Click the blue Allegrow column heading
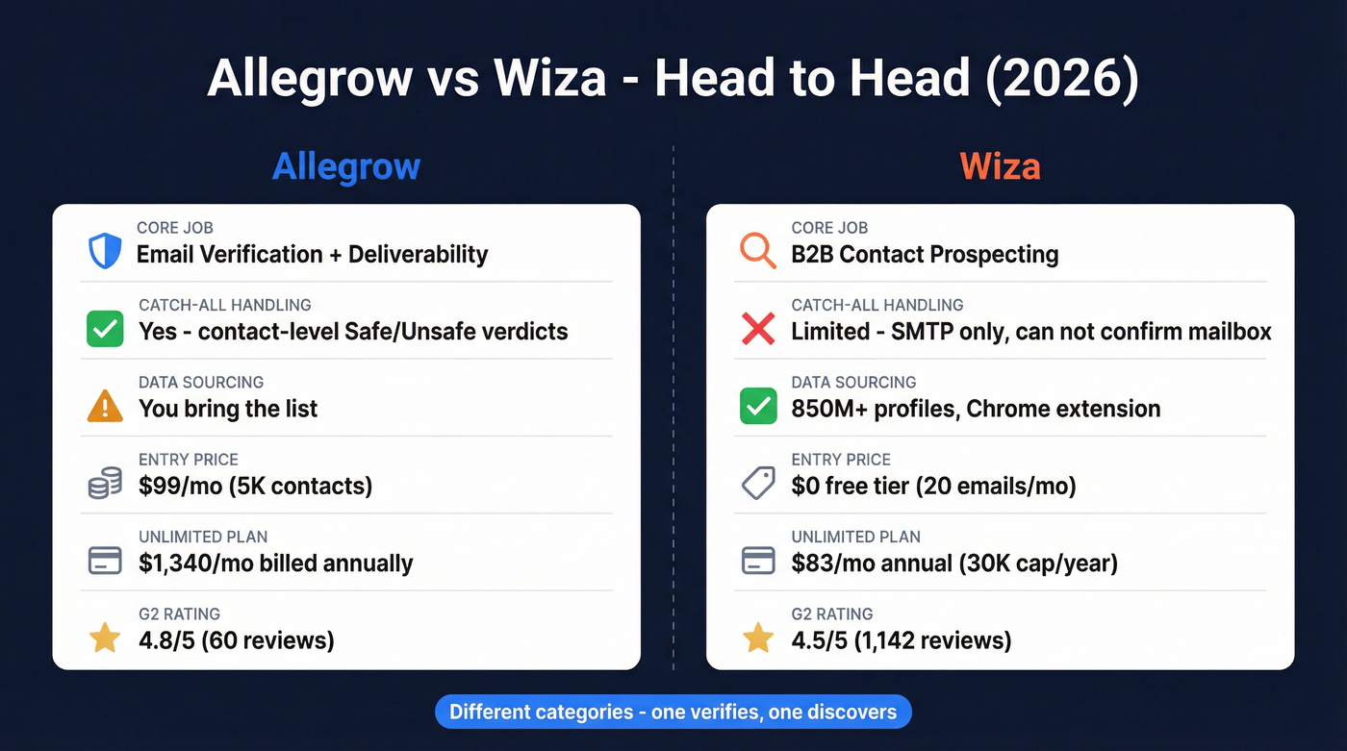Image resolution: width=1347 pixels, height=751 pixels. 345,166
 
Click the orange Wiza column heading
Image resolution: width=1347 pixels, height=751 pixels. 1000,166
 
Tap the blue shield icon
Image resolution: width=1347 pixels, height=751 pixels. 105,251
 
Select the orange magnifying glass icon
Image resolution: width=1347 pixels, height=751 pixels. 757,251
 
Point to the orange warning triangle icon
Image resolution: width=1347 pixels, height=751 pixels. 105,406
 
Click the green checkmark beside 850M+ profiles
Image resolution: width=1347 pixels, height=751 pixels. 758,406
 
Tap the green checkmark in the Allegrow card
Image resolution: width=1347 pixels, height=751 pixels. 105,329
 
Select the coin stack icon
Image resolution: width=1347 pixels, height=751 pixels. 105,483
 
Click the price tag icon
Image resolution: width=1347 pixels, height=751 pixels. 758,483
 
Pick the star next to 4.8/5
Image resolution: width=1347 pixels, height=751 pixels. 105,638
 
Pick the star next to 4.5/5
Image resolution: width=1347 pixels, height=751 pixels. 758,638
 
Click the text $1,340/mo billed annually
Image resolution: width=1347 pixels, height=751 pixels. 275,563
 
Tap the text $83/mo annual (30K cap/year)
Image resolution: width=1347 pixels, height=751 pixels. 953,563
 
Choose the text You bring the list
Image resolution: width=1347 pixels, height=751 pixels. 228,409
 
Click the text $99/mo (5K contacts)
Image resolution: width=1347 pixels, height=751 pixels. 255,486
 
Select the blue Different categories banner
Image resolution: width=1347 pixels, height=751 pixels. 673,713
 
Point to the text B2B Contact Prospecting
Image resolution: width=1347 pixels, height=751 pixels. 925,255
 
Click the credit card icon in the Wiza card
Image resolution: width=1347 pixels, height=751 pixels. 758,561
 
